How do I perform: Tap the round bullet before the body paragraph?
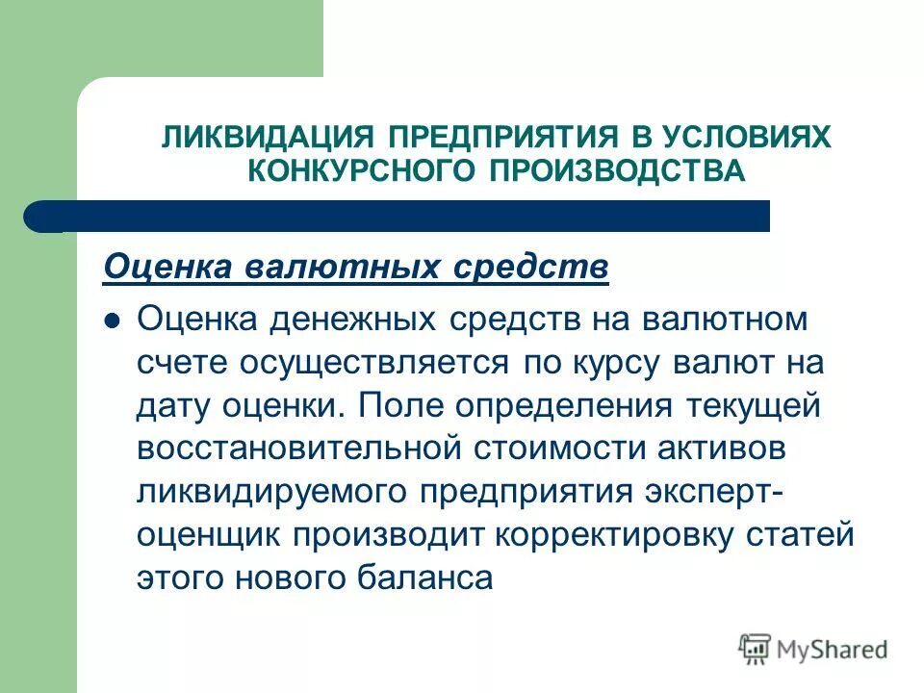(x=113, y=321)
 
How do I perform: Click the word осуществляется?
(x=384, y=363)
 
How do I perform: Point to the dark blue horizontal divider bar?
(x=404, y=216)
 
